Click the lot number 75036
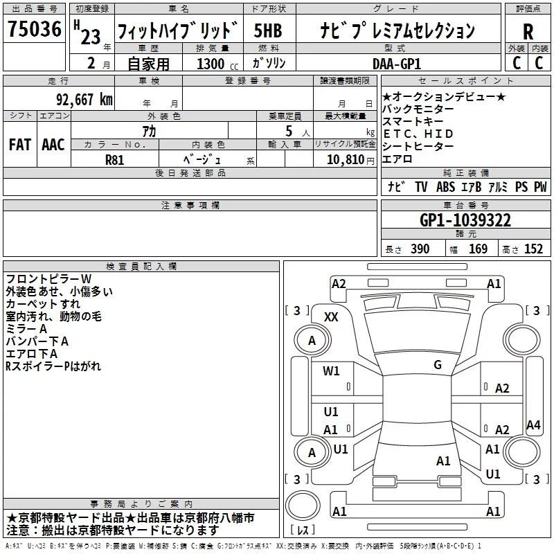(x=33, y=30)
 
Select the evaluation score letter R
(x=528, y=32)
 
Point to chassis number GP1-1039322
(x=465, y=220)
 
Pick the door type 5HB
(x=268, y=31)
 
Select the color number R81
(x=115, y=159)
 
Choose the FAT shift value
(x=20, y=144)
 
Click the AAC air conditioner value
(x=53, y=144)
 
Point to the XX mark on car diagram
(x=332, y=316)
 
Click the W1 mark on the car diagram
(x=332, y=371)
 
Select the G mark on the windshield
(x=438, y=364)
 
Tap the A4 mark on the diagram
(x=533, y=425)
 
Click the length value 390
(x=420, y=249)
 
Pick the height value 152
(x=533, y=249)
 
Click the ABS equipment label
(x=446, y=187)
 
